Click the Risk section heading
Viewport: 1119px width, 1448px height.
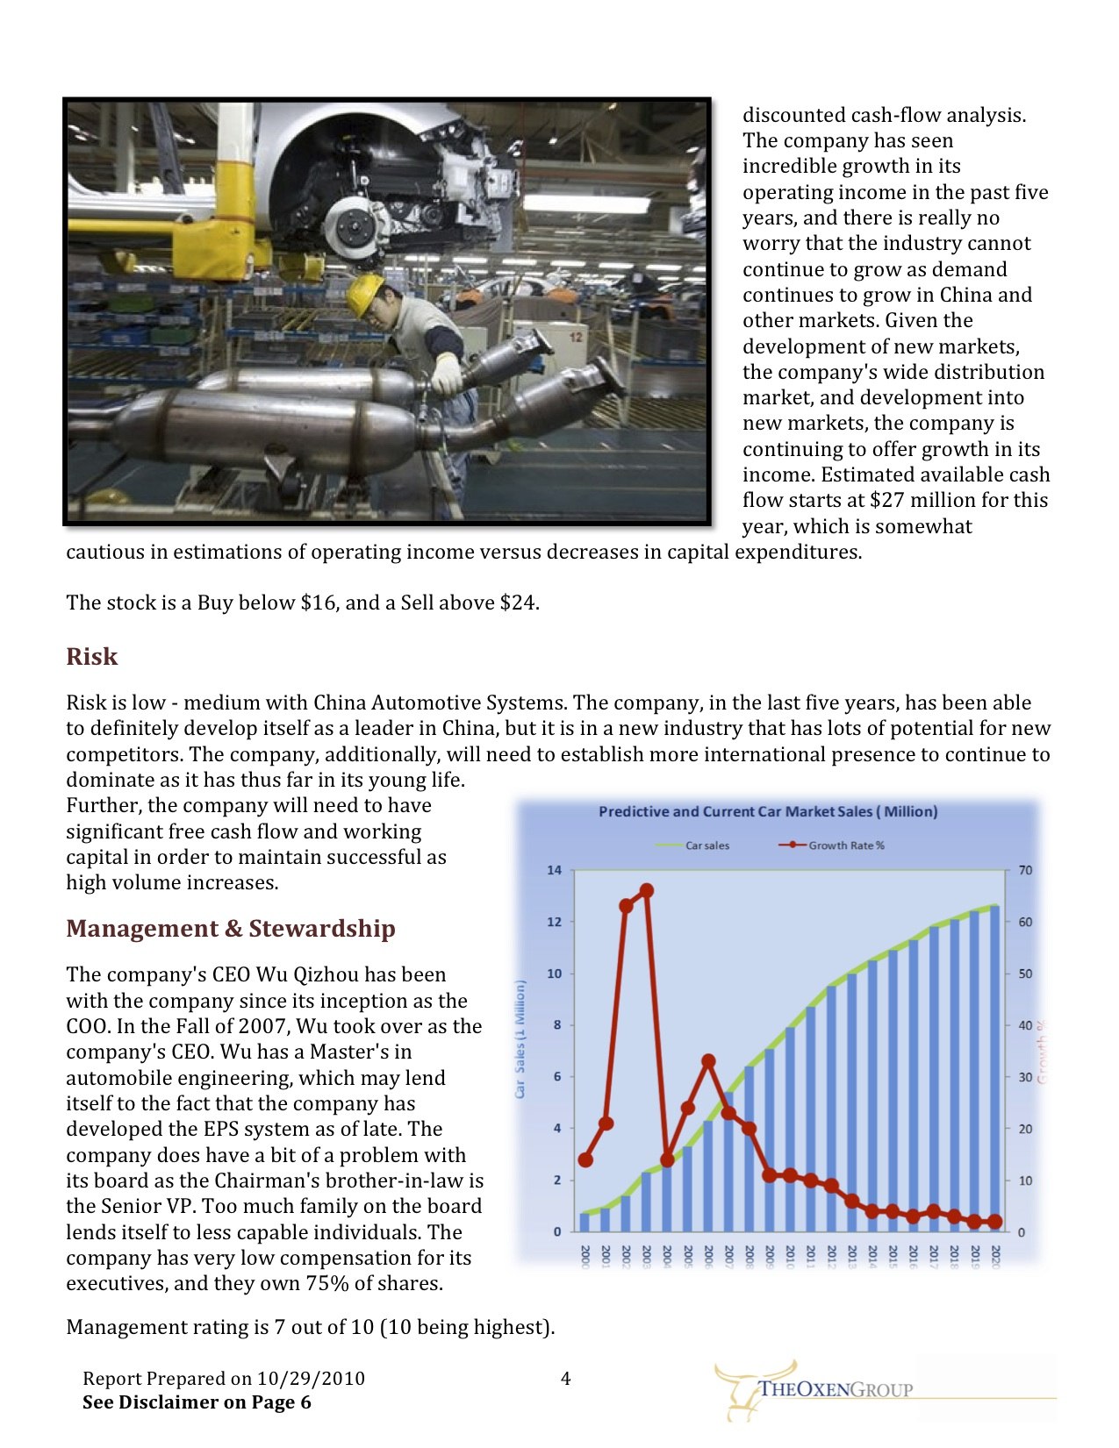91,657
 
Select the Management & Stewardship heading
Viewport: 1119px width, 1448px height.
230,929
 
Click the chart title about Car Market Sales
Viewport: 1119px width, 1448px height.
768,812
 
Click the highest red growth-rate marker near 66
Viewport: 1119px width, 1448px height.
647,891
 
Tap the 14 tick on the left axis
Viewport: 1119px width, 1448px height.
554,870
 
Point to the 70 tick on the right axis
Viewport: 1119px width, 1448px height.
1025,870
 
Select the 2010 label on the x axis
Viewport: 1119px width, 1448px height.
790,1256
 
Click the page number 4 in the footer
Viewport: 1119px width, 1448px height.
565,1379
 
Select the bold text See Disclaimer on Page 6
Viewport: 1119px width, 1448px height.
197,1402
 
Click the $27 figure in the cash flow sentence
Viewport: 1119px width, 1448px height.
886,501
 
